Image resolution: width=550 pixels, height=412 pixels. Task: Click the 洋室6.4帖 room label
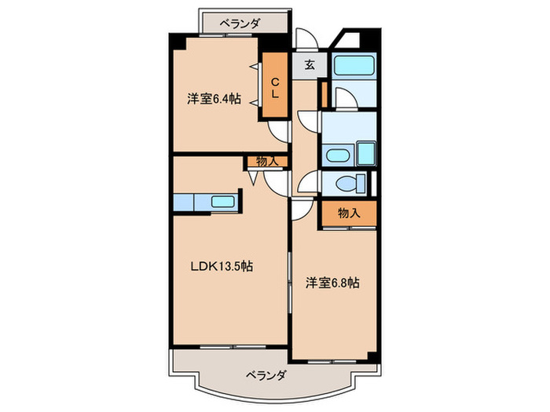pyautogui.click(x=213, y=99)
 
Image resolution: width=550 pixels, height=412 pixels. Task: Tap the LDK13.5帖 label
pyautogui.click(x=222, y=266)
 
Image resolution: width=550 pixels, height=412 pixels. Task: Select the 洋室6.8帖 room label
pyautogui.click(x=334, y=283)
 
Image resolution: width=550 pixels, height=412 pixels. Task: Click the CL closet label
pyautogui.click(x=275, y=87)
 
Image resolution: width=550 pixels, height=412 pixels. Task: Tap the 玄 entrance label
pyautogui.click(x=310, y=65)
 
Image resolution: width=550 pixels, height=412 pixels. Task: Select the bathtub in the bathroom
pyautogui.click(x=352, y=66)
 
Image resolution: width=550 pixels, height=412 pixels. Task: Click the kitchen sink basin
pyautogui.click(x=224, y=202)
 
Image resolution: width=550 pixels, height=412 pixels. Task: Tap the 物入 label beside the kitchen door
pyautogui.click(x=267, y=161)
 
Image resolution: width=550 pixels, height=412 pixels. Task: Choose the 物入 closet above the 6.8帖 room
pyautogui.click(x=348, y=213)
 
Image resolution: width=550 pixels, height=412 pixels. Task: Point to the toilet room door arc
pyautogui.click(x=307, y=183)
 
